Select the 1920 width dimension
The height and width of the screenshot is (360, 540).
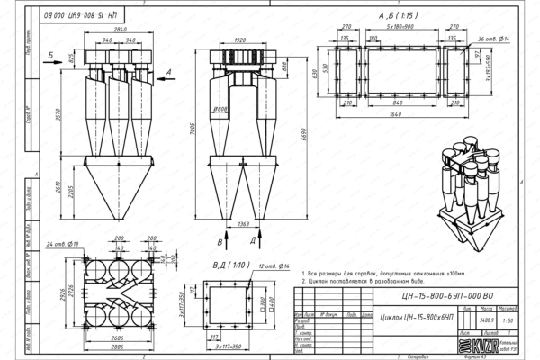(x=239, y=40)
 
